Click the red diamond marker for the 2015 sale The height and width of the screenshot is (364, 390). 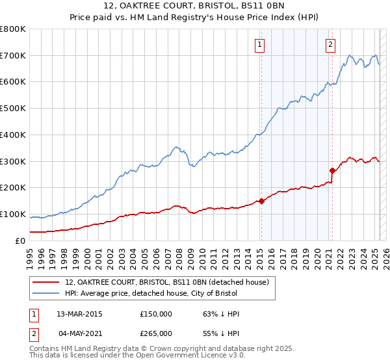click(261, 201)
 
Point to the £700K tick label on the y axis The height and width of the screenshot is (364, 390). click(13, 56)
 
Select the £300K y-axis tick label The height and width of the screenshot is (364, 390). click(13, 161)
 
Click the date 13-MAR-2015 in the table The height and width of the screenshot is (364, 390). click(80, 314)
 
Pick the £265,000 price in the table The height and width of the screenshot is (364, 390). click(156, 333)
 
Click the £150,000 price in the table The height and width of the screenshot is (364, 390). click(156, 314)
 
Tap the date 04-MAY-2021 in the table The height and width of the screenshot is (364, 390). click(80, 333)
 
